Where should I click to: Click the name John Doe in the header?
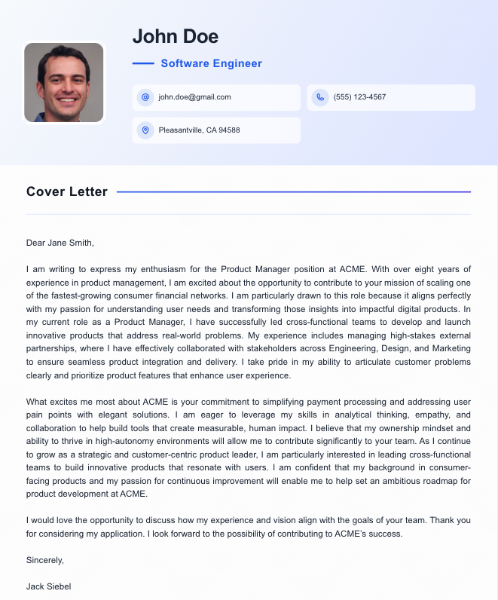point(176,36)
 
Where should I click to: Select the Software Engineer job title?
point(212,64)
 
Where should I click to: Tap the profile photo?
point(64,83)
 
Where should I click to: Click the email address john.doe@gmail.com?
point(194,97)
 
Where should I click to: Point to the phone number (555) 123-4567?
point(359,97)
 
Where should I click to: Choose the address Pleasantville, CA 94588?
point(199,130)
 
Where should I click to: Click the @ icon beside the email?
point(145,97)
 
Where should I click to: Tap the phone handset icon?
point(319,97)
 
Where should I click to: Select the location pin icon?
point(145,130)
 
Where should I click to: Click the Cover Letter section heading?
point(67,191)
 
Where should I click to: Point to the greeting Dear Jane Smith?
point(60,243)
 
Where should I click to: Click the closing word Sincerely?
point(45,560)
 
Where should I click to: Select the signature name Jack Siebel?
point(49,586)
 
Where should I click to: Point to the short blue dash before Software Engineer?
point(143,64)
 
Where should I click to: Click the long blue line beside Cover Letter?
point(294,192)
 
